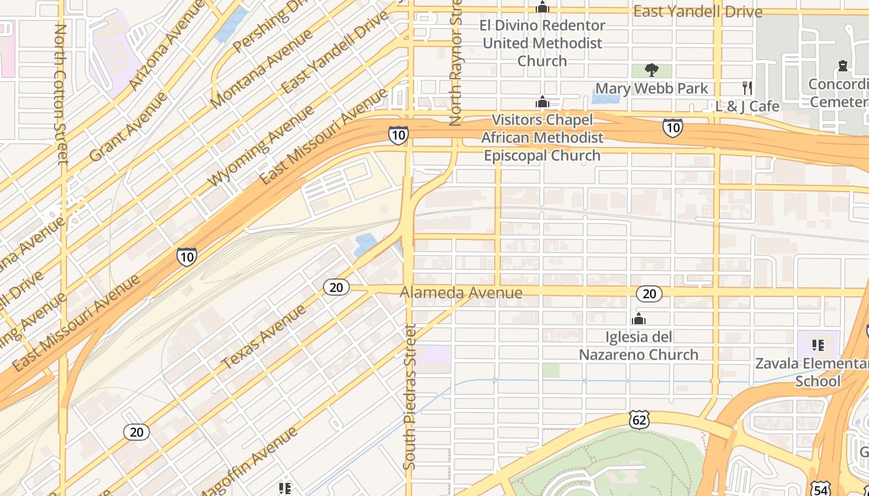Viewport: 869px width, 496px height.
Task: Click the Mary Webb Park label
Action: coord(652,89)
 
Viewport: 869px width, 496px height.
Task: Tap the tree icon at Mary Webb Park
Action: coord(652,69)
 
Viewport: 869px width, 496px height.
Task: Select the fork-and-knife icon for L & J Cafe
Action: coord(747,87)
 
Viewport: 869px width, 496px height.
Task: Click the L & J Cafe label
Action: coord(747,107)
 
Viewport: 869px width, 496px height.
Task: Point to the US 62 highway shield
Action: coord(639,419)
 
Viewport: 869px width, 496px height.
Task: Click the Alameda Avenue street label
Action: coord(461,292)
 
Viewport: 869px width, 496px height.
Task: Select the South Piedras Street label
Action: coord(409,397)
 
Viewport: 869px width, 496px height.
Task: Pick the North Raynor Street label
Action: coord(456,62)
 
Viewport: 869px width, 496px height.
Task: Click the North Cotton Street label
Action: coord(61,93)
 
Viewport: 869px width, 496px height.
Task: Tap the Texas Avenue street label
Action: coord(264,337)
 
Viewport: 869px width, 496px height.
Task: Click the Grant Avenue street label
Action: coord(128,127)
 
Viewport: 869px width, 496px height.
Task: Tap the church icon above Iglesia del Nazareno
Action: coord(638,320)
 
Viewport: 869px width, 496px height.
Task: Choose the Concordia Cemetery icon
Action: coord(842,66)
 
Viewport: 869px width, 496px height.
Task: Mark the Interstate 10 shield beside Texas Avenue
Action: coord(187,256)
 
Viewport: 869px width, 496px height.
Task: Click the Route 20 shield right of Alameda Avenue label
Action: coord(649,293)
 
